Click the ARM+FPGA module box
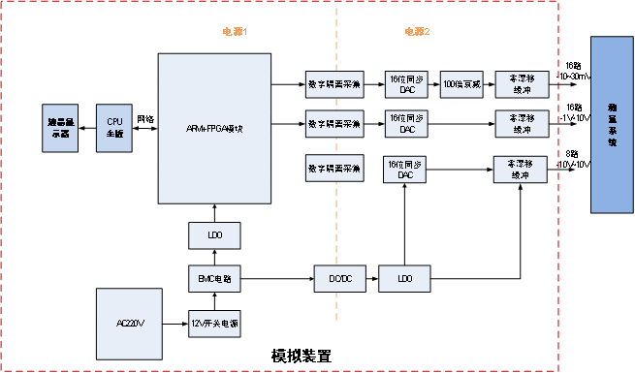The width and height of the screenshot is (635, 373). pyautogui.click(x=213, y=128)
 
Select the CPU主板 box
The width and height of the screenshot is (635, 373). pyautogui.click(x=114, y=128)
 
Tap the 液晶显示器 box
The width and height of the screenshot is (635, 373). pyautogui.click(x=60, y=128)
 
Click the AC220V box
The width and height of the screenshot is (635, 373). pyautogui.click(x=130, y=323)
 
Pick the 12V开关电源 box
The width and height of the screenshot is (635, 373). pyautogui.click(x=213, y=323)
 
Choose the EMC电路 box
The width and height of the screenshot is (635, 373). pyautogui.click(x=213, y=279)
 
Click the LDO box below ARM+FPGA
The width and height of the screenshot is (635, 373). pyautogui.click(x=213, y=235)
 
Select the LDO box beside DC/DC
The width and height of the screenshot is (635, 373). pyautogui.click(x=404, y=279)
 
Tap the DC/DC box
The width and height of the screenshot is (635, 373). pyautogui.click(x=340, y=279)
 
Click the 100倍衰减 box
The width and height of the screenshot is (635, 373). pyautogui.click(x=460, y=84)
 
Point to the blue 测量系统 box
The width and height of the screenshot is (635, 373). pyautogui.click(x=612, y=124)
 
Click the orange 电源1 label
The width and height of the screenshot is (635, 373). pyautogui.click(x=236, y=32)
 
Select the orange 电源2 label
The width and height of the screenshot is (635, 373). pyautogui.click(x=417, y=32)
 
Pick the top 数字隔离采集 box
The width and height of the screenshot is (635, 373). pyautogui.click(x=333, y=84)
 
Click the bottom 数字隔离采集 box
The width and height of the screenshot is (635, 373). pyautogui.click(x=333, y=169)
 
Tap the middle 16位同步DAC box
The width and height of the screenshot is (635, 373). pyautogui.click(x=406, y=124)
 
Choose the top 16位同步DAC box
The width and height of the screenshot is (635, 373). pyautogui.click(x=406, y=84)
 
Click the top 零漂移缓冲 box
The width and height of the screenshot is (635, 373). pyautogui.click(x=521, y=84)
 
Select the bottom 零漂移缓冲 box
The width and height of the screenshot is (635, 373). pyautogui.click(x=520, y=169)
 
